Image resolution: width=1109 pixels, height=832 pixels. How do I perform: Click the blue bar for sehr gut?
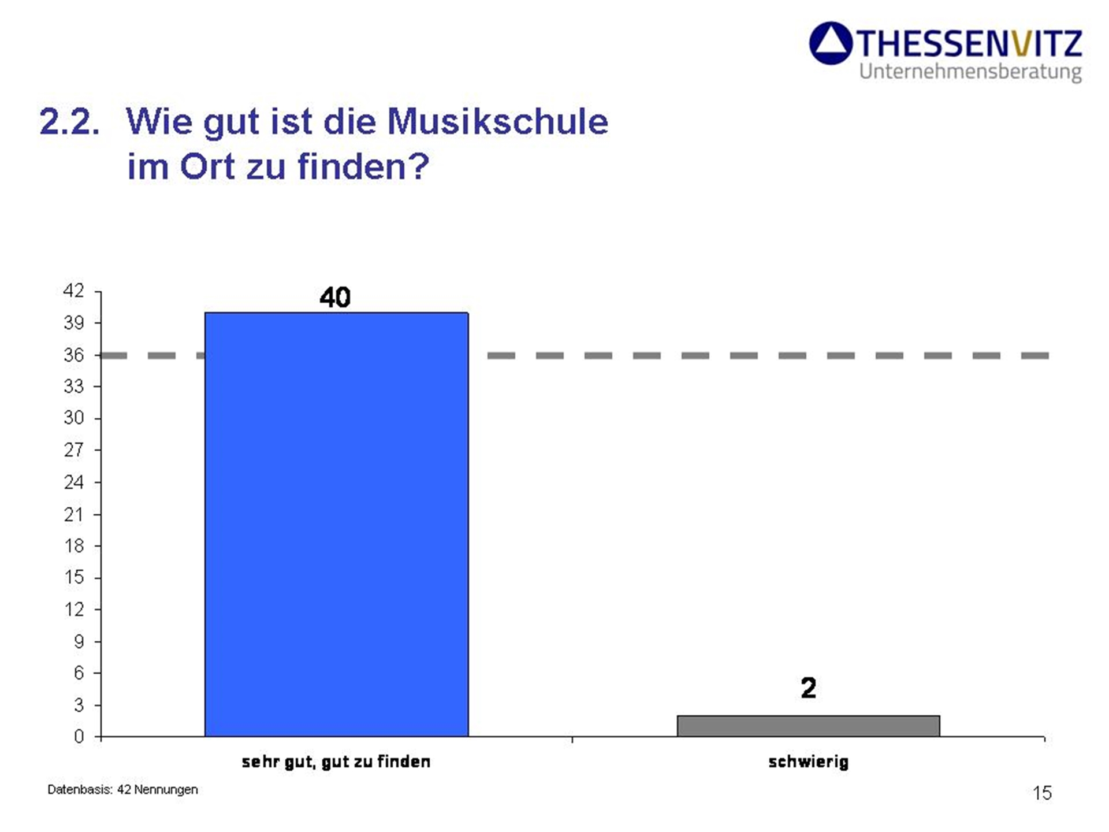[336, 524]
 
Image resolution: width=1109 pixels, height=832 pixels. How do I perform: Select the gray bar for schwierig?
[808, 726]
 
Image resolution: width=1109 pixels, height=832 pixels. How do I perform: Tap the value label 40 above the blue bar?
[335, 298]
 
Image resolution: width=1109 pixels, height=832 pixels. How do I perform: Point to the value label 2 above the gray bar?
[808, 688]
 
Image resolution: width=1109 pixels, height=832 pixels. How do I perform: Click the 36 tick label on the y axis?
[74, 355]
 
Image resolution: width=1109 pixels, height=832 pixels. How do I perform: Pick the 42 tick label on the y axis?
[74, 291]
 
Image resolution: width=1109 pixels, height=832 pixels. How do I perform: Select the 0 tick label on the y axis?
[79, 737]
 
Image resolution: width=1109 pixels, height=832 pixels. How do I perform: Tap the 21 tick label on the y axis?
[74, 514]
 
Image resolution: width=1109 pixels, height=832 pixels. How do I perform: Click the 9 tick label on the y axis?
[79, 641]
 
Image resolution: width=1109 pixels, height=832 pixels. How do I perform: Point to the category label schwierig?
[808, 762]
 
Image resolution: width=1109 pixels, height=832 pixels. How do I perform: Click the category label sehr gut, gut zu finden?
[336, 762]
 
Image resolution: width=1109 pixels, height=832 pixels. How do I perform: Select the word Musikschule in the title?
[497, 122]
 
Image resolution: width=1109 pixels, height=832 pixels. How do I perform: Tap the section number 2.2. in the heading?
[69, 122]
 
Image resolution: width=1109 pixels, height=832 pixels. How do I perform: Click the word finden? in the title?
[363, 166]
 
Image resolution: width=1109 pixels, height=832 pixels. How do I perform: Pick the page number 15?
[1042, 793]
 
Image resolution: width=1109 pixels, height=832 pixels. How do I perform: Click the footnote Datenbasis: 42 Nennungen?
[122, 789]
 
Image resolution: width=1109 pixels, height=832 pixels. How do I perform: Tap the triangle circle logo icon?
[831, 43]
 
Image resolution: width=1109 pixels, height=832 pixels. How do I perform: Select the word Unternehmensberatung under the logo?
[970, 72]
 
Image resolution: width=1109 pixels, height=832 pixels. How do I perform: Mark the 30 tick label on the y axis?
[74, 418]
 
